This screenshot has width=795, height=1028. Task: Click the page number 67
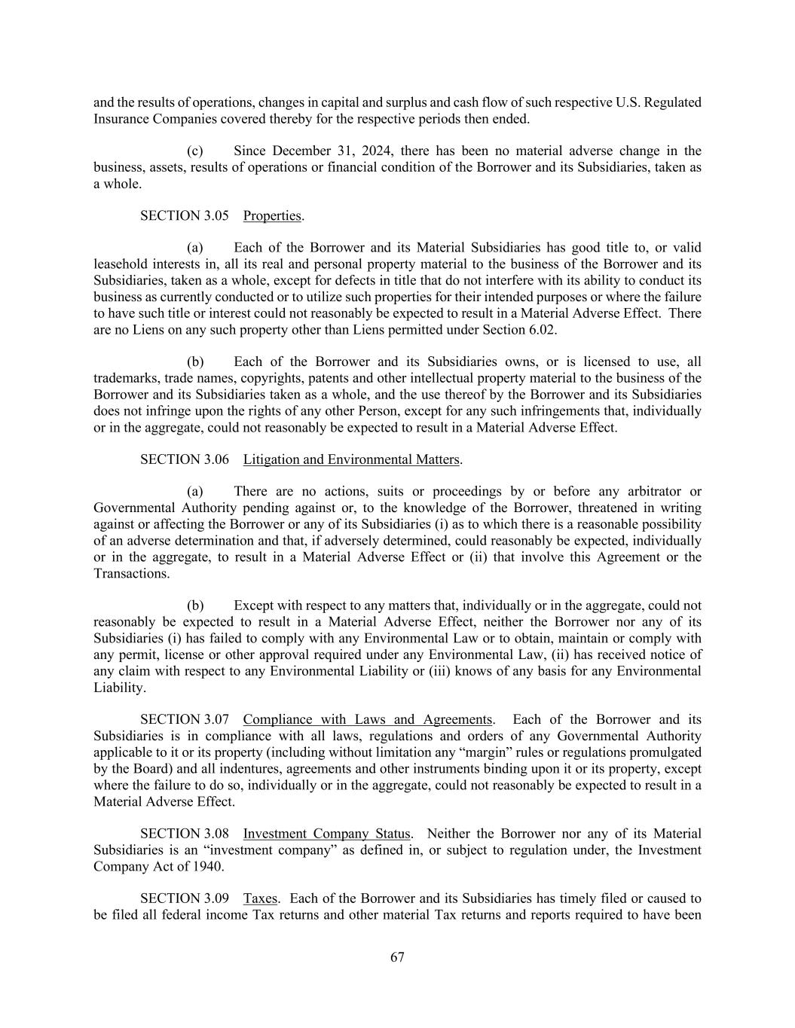pyautogui.click(x=397, y=957)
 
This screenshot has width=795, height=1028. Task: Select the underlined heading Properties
pyautogui.click(x=272, y=215)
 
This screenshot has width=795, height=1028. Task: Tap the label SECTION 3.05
pyautogui.click(x=185, y=215)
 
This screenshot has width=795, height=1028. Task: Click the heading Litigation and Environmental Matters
pyautogui.click(x=351, y=459)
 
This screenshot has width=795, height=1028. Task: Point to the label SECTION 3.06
pyautogui.click(x=185, y=459)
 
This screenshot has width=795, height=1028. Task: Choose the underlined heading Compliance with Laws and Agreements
pyautogui.click(x=368, y=719)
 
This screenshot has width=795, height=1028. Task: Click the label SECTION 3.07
pyautogui.click(x=185, y=719)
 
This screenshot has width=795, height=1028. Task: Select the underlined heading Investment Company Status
pyautogui.click(x=326, y=834)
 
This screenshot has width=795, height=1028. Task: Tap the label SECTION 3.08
pyautogui.click(x=185, y=834)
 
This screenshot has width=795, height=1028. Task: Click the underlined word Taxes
pyautogui.click(x=260, y=898)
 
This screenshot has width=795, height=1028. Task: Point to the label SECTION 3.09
pyautogui.click(x=185, y=898)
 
